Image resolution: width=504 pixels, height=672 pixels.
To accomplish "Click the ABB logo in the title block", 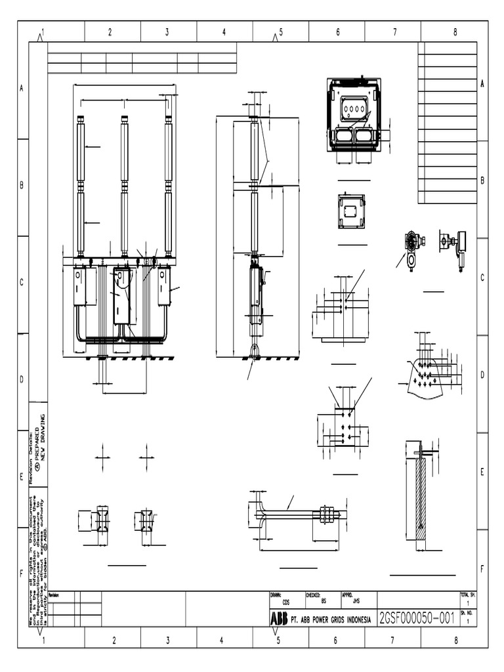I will (278, 619).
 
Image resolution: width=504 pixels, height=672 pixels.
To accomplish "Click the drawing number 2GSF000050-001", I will (417, 618).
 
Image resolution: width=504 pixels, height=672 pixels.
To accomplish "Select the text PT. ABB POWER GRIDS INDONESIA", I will (330, 619).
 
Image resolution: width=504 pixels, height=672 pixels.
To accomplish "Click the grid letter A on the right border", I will (482, 84).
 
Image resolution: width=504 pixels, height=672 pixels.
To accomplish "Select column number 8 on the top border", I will (455, 31).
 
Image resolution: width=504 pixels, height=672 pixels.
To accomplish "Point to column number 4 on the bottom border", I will (222, 640).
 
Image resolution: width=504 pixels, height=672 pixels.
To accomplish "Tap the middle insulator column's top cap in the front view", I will (125, 119).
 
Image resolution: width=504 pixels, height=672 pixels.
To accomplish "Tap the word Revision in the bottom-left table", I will (54, 595).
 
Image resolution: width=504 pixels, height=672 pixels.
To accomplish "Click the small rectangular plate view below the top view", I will (351, 211).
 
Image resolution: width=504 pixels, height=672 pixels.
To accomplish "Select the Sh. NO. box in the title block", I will (468, 616).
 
